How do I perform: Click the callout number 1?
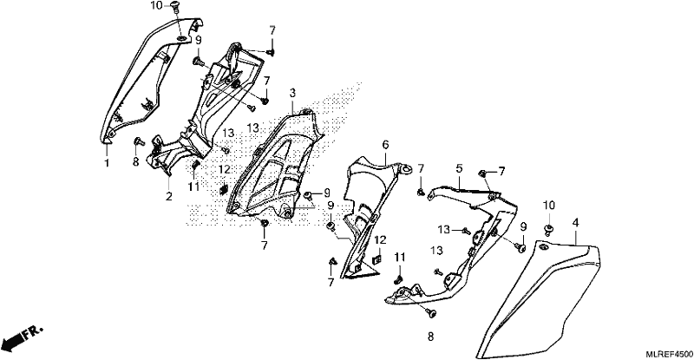point(107,163)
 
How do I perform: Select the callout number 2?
point(168,196)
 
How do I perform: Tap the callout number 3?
point(292,93)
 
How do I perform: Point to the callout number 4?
point(575,222)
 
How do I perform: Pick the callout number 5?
point(459,168)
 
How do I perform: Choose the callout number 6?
point(385,144)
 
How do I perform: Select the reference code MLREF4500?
point(669,354)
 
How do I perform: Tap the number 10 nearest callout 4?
point(549,205)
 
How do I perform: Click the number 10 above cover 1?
point(157,6)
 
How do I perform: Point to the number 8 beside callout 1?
point(136,161)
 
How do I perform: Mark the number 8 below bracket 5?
point(430,337)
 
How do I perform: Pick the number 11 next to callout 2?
point(193,187)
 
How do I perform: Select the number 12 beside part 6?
point(380,240)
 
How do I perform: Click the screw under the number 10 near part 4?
point(549,229)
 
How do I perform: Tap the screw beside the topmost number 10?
point(174,6)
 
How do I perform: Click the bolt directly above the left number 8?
point(138,141)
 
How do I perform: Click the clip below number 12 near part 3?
point(224,189)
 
